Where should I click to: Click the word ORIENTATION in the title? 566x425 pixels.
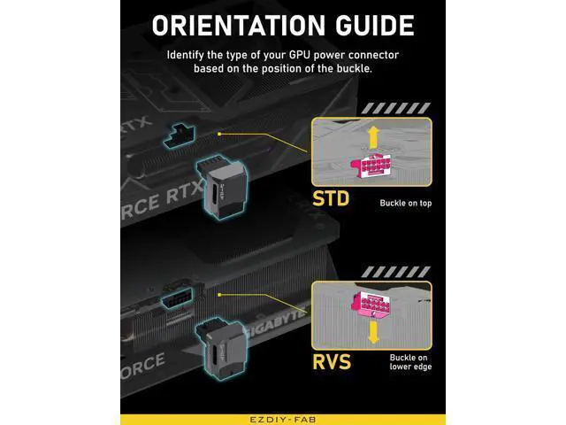pos(239,26)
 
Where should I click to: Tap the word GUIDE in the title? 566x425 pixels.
pos(375,26)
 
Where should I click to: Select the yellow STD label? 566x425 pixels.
pos(331,198)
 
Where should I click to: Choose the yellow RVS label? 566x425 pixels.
pos(332,362)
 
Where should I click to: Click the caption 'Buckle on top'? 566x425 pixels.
pos(406,203)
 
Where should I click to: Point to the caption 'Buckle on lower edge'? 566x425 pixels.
pos(410,362)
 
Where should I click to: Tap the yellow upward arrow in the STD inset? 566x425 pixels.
pos(373,137)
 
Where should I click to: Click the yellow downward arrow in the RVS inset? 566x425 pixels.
pos(373,333)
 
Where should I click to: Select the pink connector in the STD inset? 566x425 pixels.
pos(371,166)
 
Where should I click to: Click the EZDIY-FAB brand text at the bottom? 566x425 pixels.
pos(283,420)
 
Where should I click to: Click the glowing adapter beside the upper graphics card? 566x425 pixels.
pos(222,188)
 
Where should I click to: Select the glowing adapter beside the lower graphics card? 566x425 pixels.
pos(220,348)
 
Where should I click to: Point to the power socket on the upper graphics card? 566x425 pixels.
pos(180,136)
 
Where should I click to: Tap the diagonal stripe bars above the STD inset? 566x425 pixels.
pos(396,108)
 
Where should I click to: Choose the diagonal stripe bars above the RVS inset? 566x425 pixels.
pos(396,272)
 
